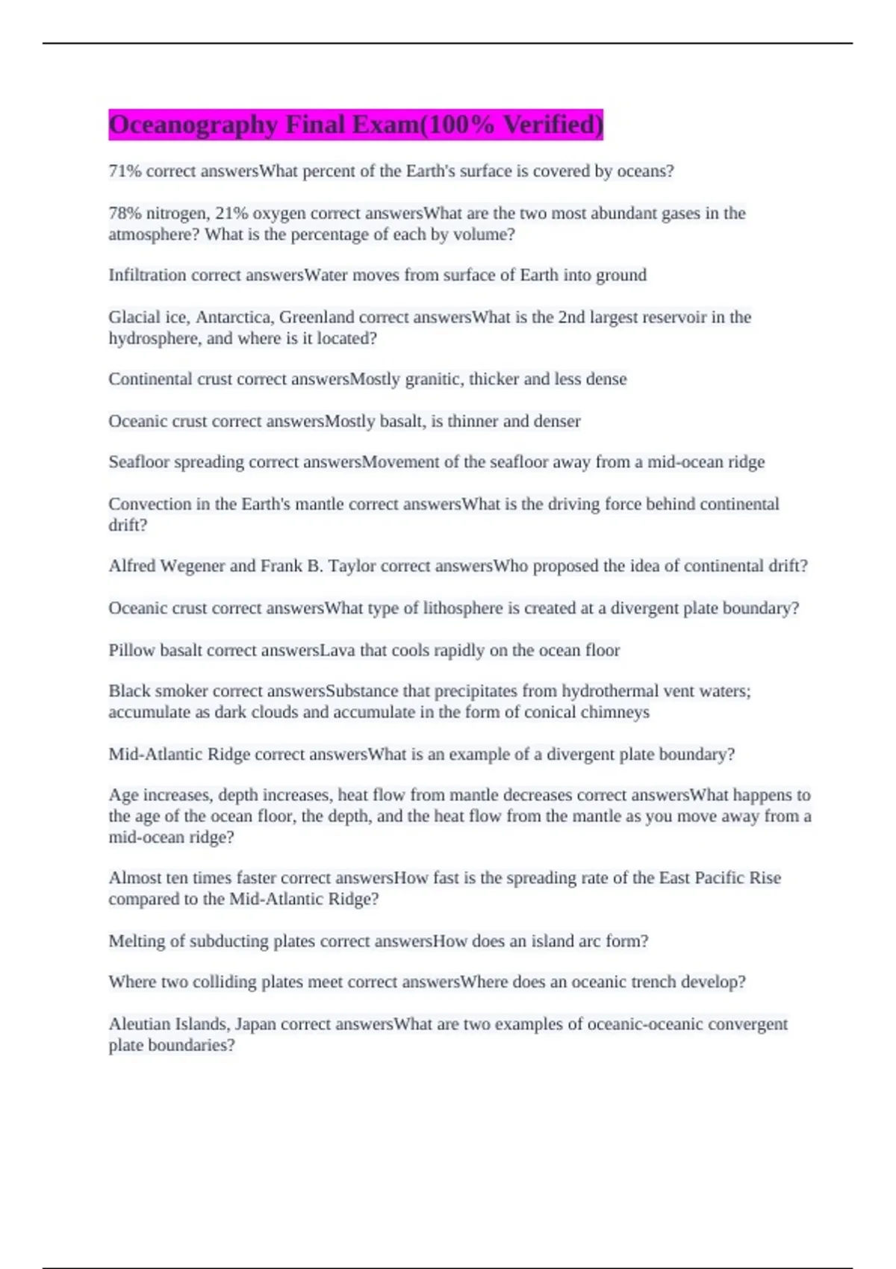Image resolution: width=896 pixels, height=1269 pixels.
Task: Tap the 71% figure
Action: [125, 172]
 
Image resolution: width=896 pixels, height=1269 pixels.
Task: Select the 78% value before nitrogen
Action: [125, 213]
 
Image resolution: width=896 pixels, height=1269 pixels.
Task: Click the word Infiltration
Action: [147, 275]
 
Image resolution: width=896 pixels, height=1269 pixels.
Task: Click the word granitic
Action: [435, 379]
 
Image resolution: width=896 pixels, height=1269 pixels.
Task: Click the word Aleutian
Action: [140, 1024]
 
